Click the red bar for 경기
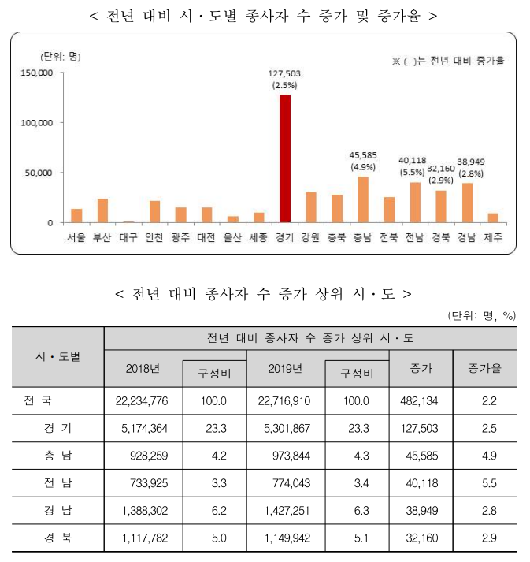click(x=284, y=158)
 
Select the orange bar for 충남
click(x=363, y=199)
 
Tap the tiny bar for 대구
click(x=128, y=221)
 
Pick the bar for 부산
click(x=102, y=210)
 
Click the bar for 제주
click(x=494, y=218)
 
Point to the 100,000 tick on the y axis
click(x=36, y=123)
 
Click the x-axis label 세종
click(x=258, y=236)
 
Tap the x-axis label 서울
click(x=76, y=236)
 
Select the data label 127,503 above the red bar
click(x=284, y=73)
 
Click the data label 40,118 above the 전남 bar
click(x=413, y=160)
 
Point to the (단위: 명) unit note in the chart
click(x=61, y=56)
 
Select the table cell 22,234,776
click(x=143, y=400)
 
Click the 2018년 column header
click(x=143, y=368)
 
